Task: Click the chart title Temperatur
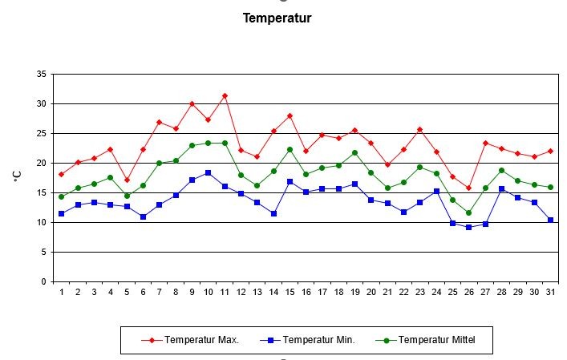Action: coord(277,18)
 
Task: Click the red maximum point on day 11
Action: coord(225,96)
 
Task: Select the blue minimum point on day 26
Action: coord(469,227)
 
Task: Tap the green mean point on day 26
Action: coord(469,212)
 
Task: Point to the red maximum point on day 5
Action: coord(127,180)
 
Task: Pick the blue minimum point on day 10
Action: coord(209,172)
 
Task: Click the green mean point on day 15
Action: coord(290,149)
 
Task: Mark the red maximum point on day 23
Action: coord(420,129)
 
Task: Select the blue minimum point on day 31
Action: coord(550,220)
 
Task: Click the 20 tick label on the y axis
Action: coord(41,163)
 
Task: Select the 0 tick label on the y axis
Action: coord(43,281)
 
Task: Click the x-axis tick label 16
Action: coord(306,293)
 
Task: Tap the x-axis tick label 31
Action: coord(550,293)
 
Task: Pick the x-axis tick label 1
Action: coord(62,293)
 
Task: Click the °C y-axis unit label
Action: coord(17,177)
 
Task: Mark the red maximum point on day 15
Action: coord(290,115)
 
